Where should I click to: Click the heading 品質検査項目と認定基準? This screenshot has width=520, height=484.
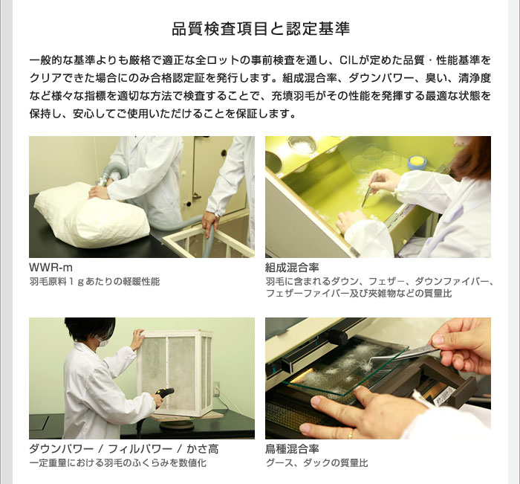[261, 29]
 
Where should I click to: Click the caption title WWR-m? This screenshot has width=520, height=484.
[51, 267]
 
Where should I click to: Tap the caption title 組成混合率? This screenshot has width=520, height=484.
[292, 267]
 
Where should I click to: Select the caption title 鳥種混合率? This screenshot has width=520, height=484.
[292, 449]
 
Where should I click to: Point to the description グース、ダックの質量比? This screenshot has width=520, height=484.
[317, 462]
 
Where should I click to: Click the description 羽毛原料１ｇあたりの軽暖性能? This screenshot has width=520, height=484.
[94, 282]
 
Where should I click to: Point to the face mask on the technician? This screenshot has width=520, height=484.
[103, 342]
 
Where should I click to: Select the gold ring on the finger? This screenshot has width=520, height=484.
[350, 434]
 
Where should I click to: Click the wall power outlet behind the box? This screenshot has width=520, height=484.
[217, 389]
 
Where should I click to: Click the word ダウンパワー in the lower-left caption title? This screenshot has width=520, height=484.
[62, 449]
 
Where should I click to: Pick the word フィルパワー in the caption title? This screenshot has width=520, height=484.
[140, 449]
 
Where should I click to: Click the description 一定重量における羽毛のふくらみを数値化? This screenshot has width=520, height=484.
[117, 462]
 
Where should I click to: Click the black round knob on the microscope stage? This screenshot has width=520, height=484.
[337, 338]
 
